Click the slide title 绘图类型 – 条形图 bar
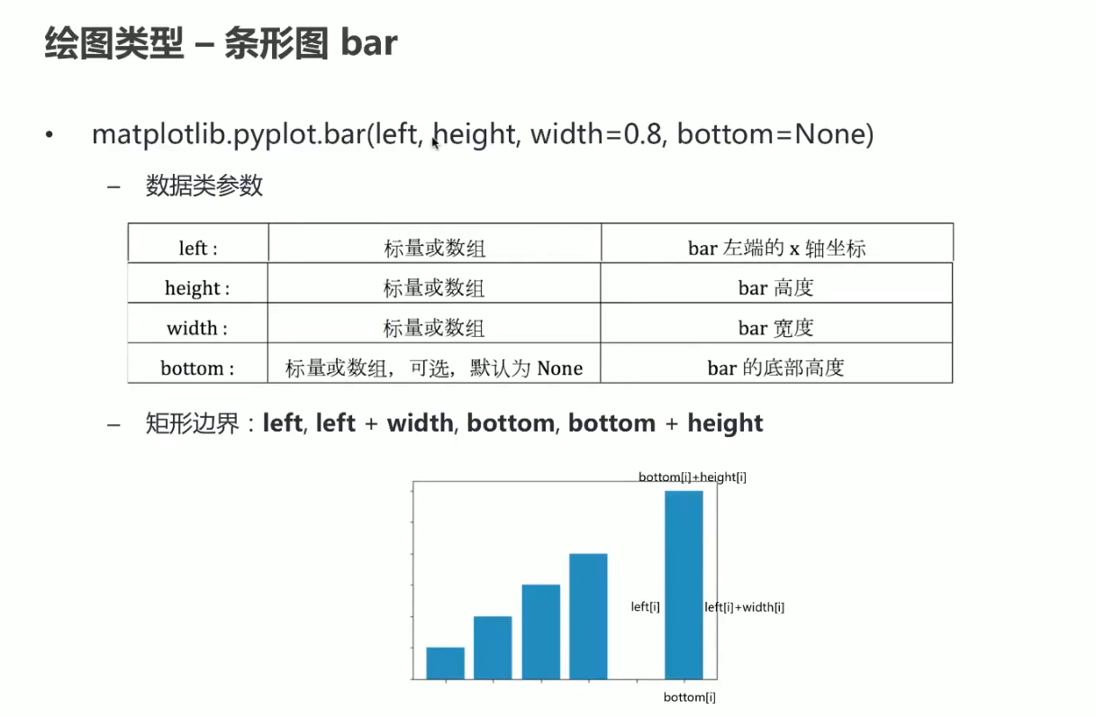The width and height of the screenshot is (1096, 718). point(221,43)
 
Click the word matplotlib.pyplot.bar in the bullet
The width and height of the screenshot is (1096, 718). point(229,135)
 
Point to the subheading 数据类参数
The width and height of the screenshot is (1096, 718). point(204,186)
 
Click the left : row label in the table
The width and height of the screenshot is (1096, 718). point(198,249)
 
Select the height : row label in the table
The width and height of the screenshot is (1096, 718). point(197,288)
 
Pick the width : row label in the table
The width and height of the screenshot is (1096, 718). point(197,328)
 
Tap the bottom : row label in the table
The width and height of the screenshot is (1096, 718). point(197,368)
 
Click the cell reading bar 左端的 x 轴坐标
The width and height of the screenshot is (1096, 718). point(776,249)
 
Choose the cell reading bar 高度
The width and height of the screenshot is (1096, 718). point(776,288)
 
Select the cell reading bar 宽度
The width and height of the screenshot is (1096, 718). point(776,328)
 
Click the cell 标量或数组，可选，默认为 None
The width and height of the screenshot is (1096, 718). point(434,368)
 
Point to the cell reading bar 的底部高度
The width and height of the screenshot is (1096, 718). point(776,368)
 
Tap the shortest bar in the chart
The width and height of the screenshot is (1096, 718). point(445,662)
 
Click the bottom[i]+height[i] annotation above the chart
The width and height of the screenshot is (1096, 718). point(692,477)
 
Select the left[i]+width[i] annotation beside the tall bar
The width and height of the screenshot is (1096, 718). point(744,607)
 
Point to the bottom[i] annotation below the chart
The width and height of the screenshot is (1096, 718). point(690,697)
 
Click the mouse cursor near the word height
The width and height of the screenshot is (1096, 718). point(435,141)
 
